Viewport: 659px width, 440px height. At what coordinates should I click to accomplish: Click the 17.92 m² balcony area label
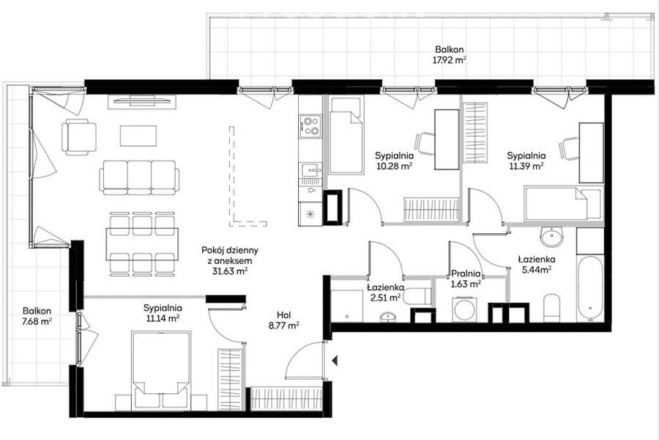click(x=450, y=55)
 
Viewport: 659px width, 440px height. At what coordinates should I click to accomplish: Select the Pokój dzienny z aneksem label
click(x=229, y=260)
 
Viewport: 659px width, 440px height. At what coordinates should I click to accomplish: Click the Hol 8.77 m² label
click(x=283, y=320)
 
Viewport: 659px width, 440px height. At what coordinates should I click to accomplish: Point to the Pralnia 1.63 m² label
click(x=466, y=279)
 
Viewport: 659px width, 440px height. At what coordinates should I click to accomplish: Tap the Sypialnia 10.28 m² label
click(x=393, y=160)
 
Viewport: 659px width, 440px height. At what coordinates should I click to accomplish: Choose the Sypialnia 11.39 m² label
click(x=526, y=160)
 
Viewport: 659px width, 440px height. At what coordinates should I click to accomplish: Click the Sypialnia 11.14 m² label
click(x=163, y=313)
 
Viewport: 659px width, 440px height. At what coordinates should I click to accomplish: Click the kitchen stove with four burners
click(x=310, y=127)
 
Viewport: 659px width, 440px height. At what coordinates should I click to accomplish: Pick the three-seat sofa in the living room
click(x=140, y=177)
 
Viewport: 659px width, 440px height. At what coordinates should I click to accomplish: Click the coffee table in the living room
click(x=138, y=136)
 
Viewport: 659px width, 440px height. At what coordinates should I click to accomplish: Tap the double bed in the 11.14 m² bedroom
click(x=160, y=370)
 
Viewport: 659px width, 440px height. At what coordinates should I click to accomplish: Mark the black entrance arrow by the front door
click(x=335, y=360)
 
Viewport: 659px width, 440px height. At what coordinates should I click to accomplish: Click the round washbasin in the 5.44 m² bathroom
click(x=551, y=238)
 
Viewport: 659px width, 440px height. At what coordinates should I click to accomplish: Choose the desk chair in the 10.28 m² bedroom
click(x=425, y=144)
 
